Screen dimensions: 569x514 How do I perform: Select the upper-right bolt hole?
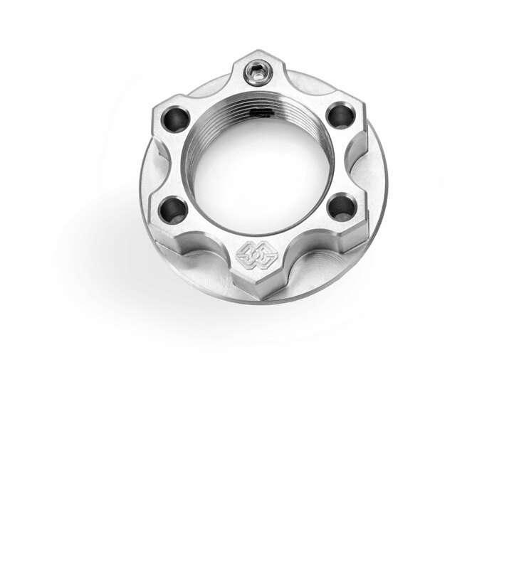click(341, 115)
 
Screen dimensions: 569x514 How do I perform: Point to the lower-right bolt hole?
click(342, 208)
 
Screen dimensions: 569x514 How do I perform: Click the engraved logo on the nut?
click(255, 255)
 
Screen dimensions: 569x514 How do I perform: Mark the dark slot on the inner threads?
click(261, 112)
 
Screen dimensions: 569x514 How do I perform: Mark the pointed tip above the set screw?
click(257, 53)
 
